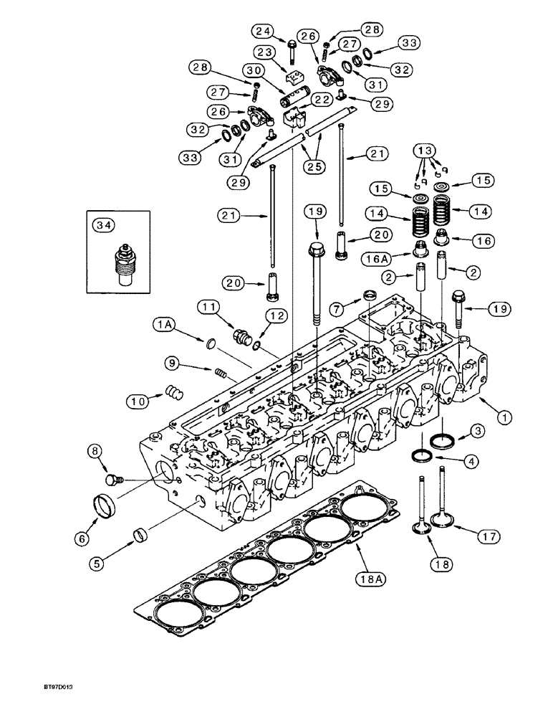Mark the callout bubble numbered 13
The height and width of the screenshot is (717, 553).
tap(425, 151)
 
